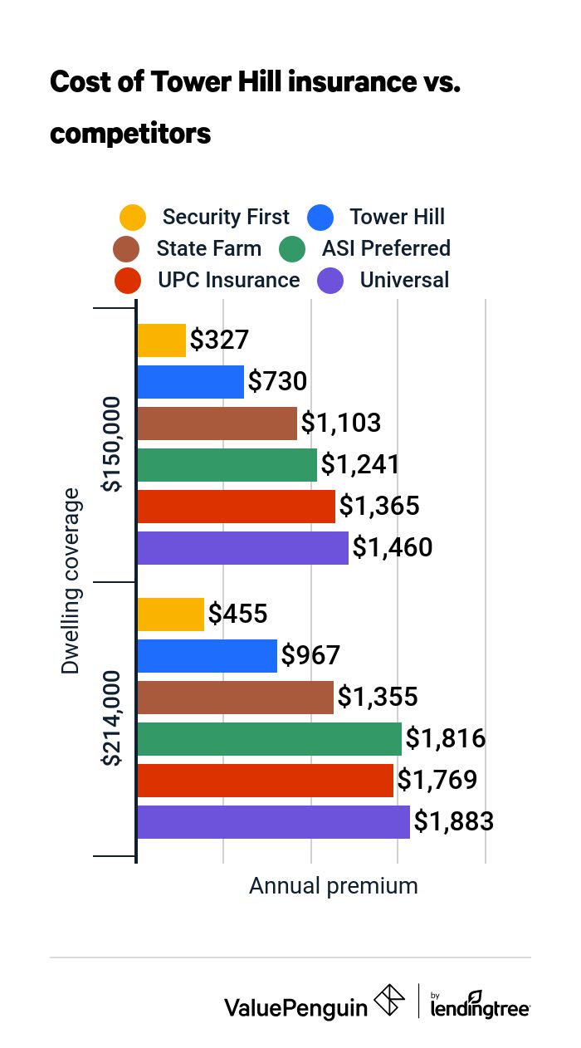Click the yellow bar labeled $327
pos(161,340)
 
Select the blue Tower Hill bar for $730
pos(190,382)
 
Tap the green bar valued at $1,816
pos(269,739)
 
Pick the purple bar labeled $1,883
pos(273,822)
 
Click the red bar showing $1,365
pos(236,507)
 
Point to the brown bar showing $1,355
pos(235,698)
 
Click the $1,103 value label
pos(340,424)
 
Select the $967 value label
pos(311,655)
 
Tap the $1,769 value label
pos(437,781)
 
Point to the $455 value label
pos(237,614)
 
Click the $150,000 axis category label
pos(111,444)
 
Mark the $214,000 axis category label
pos(111,719)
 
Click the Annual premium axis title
pos(334,886)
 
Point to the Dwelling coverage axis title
pos(72,581)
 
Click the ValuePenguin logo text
pos(295,1007)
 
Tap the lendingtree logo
pos(481,1006)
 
